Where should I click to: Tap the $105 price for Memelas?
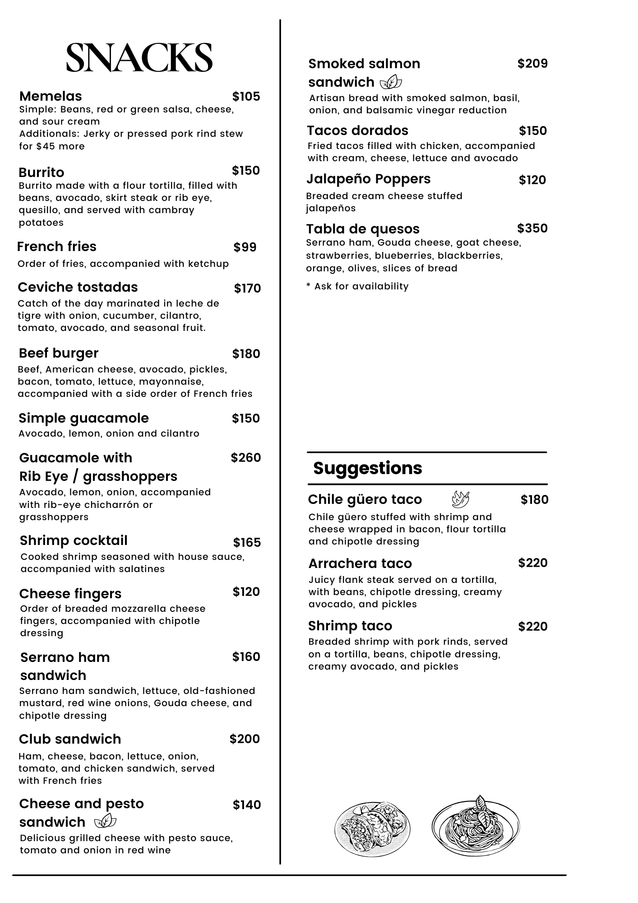(246, 96)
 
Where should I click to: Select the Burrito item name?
(42, 172)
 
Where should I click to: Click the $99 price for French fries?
(245, 247)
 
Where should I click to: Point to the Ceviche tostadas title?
(78, 287)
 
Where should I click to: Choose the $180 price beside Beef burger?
(246, 354)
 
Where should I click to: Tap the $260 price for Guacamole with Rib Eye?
(246, 458)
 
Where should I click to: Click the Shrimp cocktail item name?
(74, 540)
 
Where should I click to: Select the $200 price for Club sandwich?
(245, 739)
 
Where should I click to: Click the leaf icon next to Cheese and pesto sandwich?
(106, 821)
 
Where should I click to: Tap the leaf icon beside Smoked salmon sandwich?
(391, 82)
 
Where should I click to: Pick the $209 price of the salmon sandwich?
(532, 64)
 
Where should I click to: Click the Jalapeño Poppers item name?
(369, 179)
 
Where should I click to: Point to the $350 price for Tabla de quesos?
(532, 228)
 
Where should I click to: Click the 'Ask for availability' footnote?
(357, 286)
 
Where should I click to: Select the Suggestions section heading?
(368, 468)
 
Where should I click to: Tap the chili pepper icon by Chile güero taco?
(460, 499)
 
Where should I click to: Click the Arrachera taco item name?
(360, 563)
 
